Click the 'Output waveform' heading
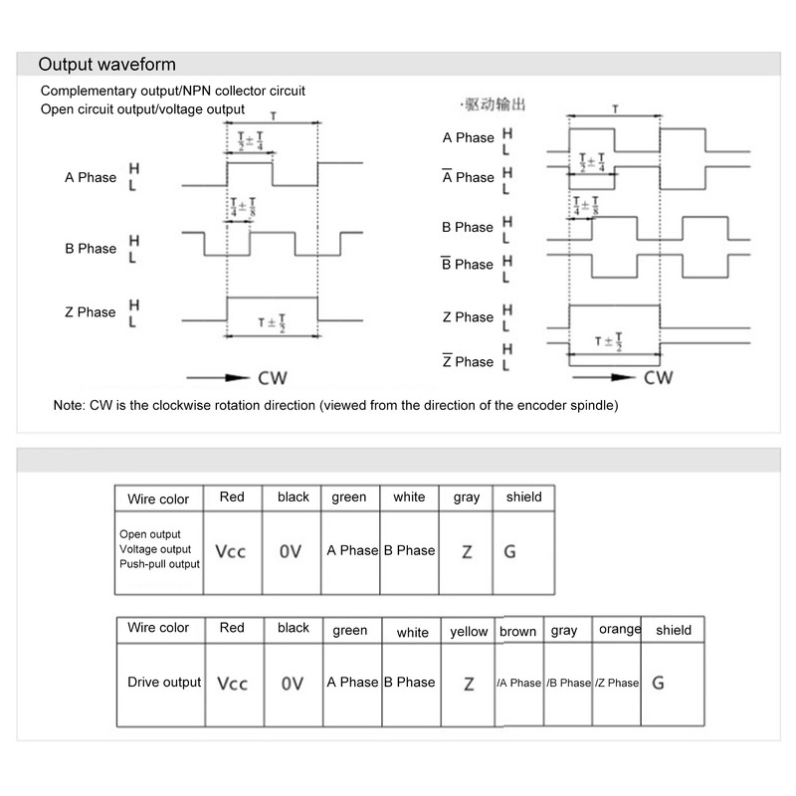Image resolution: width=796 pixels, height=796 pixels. point(106,66)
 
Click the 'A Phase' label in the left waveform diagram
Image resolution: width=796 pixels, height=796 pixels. point(91,178)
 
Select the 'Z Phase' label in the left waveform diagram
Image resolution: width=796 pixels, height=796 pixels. point(91,312)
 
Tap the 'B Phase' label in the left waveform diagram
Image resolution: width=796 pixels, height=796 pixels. point(91,249)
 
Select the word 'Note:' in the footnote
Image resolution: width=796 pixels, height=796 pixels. point(71,407)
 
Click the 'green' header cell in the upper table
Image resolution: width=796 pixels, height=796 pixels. point(349,497)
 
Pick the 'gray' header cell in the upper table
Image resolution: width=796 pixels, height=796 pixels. point(467,497)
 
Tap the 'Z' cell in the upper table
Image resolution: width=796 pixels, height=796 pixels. point(467,551)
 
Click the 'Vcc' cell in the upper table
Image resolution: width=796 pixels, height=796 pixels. point(232,551)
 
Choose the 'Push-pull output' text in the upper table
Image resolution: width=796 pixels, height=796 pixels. point(159,564)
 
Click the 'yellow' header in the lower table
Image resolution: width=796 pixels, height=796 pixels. point(469,632)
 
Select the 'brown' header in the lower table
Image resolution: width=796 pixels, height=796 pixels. point(518,632)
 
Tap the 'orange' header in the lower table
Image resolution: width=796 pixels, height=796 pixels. point(619,630)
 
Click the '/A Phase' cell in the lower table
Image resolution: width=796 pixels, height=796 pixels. point(518,684)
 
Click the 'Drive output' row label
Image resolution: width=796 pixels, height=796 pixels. point(164,683)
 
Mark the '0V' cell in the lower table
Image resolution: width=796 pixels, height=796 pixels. point(293,685)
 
